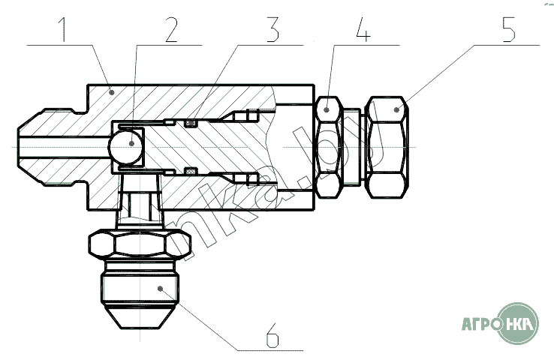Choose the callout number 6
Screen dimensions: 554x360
[x=272, y=336]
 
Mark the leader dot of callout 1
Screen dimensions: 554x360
[x=111, y=91]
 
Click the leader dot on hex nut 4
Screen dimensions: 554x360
[x=327, y=109]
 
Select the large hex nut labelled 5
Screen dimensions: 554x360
[x=387, y=146]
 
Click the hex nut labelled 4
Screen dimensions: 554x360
[x=329, y=146]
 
